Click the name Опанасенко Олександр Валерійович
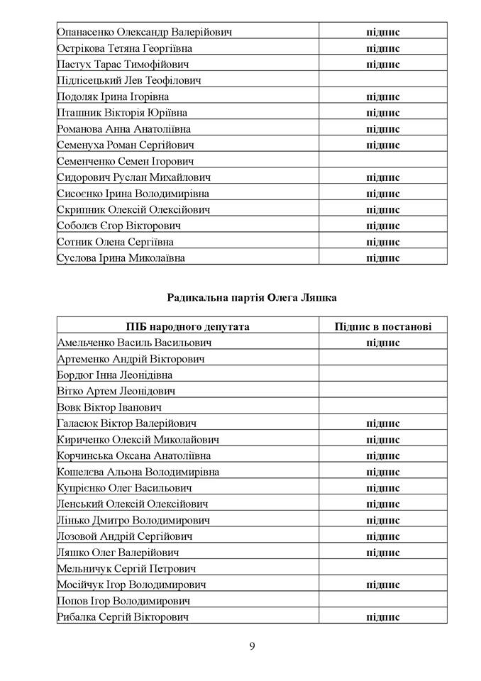click(x=145, y=32)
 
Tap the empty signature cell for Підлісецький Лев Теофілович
click(x=383, y=81)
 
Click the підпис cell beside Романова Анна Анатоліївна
click(x=383, y=129)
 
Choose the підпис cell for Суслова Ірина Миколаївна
click(x=383, y=258)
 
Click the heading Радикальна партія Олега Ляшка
click(x=252, y=298)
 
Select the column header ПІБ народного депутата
click(x=188, y=326)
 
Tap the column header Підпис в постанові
click(x=383, y=326)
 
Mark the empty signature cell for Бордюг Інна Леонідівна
click(x=383, y=375)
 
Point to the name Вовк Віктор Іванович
click(x=110, y=407)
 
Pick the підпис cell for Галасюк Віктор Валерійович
click(x=383, y=423)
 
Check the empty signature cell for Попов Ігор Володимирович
click(x=383, y=601)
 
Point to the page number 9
click(x=252, y=646)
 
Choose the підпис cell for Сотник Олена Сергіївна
click(x=383, y=242)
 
